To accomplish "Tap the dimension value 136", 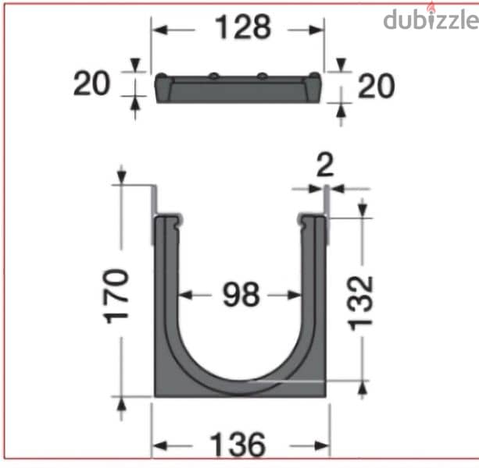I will click(x=239, y=446).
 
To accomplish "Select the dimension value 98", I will click(x=240, y=296).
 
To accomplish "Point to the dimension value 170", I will click(x=116, y=296).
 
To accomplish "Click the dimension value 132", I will click(x=360, y=303).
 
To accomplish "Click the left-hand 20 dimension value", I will click(x=93, y=83).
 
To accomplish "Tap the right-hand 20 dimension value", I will click(x=376, y=86).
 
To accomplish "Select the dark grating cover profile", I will click(x=238, y=90).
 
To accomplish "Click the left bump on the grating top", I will click(x=213, y=76).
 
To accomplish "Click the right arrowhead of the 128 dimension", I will click(x=319, y=30).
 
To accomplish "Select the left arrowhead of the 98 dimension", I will click(x=185, y=296).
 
